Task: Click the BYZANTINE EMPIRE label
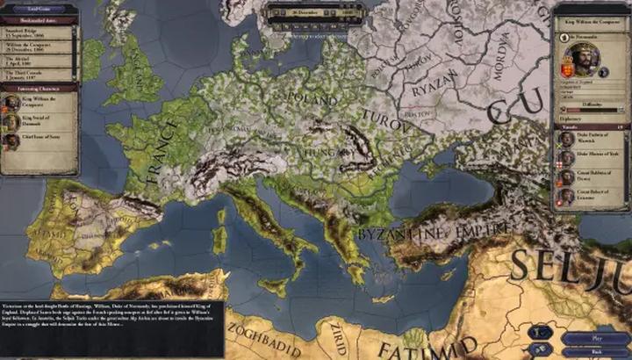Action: (x=434, y=232)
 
